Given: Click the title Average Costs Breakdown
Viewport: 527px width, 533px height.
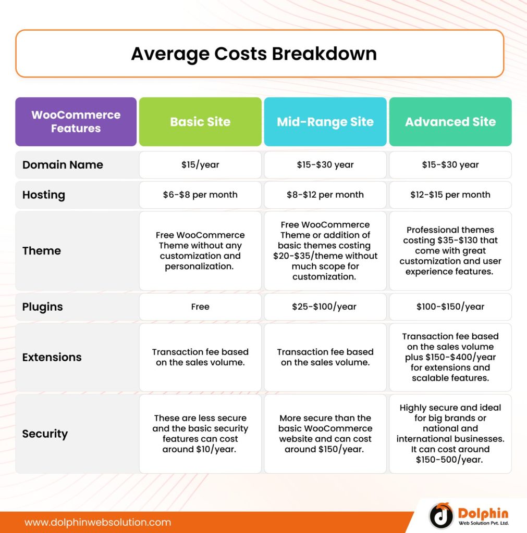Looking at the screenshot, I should pyautogui.click(x=254, y=54).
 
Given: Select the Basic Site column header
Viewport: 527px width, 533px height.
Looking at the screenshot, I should pyautogui.click(x=200, y=122).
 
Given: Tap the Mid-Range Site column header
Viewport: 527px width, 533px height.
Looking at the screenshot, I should pyautogui.click(x=325, y=122).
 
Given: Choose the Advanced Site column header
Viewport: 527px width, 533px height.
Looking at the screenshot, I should pyautogui.click(x=450, y=122).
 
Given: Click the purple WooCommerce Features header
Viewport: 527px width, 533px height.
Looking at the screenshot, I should pyautogui.click(x=76, y=122).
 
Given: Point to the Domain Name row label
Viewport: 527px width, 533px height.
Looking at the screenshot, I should pyautogui.click(x=63, y=165).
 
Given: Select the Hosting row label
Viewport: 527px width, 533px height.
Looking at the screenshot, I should pyautogui.click(x=44, y=195).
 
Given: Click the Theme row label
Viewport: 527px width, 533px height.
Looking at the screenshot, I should pyautogui.click(x=42, y=251).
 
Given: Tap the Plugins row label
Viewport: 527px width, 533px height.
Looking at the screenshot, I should pyautogui.click(x=43, y=307).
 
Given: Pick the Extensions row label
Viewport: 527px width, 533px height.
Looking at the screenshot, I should pyautogui.click(x=52, y=358).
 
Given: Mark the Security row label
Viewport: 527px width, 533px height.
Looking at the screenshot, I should pyautogui.click(x=45, y=434).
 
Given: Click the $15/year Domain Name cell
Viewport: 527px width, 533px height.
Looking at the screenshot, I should pyautogui.click(x=200, y=165).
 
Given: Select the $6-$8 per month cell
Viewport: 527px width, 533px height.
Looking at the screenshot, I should pyautogui.click(x=200, y=195).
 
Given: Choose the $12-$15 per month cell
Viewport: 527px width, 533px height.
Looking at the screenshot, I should pyautogui.click(x=450, y=195).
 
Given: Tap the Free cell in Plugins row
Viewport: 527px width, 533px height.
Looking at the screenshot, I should pyautogui.click(x=200, y=307).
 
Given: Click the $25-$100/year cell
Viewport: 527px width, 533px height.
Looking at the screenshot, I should pyautogui.click(x=325, y=307).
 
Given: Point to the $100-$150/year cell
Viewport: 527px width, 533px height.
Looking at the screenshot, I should pyautogui.click(x=450, y=307).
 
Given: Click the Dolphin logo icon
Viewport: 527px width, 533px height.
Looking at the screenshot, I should pyautogui.click(x=441, y=515).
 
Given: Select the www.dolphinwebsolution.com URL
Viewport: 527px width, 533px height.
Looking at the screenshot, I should pyautogui.click(x=98, y=522).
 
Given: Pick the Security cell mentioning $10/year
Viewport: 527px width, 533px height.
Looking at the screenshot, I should pyautogui.click(x=200, y=434).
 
